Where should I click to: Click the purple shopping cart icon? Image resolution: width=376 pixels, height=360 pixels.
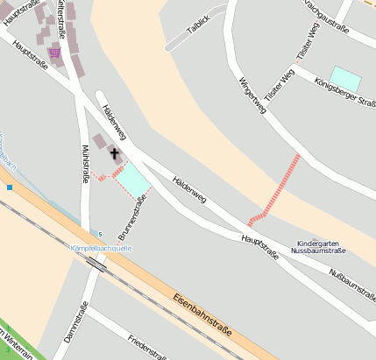tap(55, 53)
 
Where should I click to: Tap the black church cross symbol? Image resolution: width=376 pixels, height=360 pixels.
tap(114, 153)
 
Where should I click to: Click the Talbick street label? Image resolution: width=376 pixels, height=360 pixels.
tap(199, 21)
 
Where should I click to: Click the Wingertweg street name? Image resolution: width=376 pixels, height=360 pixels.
tap(251, 97)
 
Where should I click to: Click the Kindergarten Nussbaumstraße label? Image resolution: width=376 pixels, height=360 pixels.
tap(322, 247)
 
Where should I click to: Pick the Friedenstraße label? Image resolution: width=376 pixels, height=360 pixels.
tap(146, 347)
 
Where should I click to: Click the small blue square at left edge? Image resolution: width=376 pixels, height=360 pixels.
tap(9, 187)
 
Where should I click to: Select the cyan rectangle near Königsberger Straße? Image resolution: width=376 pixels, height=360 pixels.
tap(344, 79)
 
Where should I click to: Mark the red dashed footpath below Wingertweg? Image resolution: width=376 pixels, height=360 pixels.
tap(275, 190)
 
